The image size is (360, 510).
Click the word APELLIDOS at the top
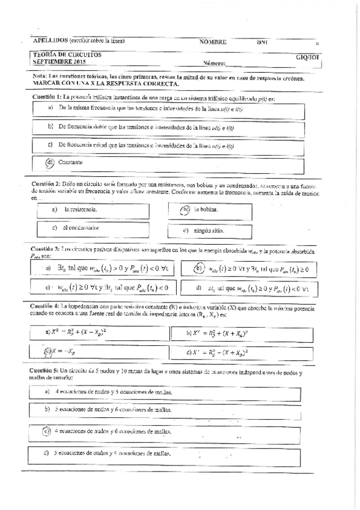(x=49, y=41)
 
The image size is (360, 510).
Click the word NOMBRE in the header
(x=213, y=42)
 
